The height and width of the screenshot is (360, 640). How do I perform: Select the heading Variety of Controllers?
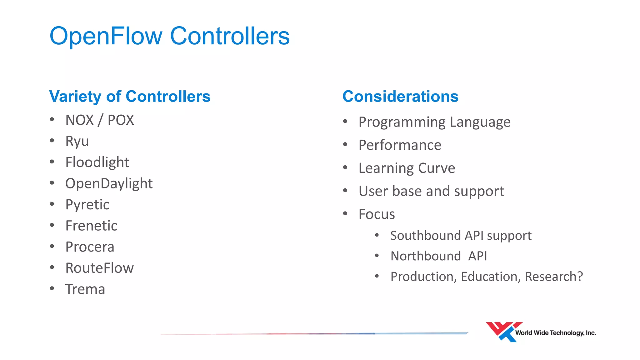pos(130,96)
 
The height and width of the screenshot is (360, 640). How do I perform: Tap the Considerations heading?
pos(400,96)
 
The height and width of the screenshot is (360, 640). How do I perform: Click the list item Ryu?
pos(77,141)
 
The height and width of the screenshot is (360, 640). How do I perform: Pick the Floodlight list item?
pos(97,162)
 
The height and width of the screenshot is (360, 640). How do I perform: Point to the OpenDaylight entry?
pos(109,183)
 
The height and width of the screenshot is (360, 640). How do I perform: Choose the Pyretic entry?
pos(87,205)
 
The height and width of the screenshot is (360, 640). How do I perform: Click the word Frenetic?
pos(91,226)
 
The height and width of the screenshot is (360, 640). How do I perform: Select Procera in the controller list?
pos(90,247)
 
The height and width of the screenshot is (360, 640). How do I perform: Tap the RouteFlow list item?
pos(99,268)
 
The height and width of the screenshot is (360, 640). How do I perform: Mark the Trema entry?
pos(85,289)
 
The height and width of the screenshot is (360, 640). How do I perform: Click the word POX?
pos(121,120)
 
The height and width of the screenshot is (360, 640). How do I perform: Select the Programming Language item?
pos(434,122)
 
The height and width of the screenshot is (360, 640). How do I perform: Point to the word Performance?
pos(400,145)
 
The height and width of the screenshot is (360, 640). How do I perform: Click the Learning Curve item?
pos(407,168)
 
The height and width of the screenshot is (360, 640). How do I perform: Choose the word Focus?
pos(377,214)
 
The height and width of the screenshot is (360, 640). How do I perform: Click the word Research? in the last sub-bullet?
pos(554,277)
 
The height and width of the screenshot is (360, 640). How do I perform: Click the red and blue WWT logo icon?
pos(502,332)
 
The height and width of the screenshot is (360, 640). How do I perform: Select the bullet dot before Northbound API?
pos(377,256)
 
